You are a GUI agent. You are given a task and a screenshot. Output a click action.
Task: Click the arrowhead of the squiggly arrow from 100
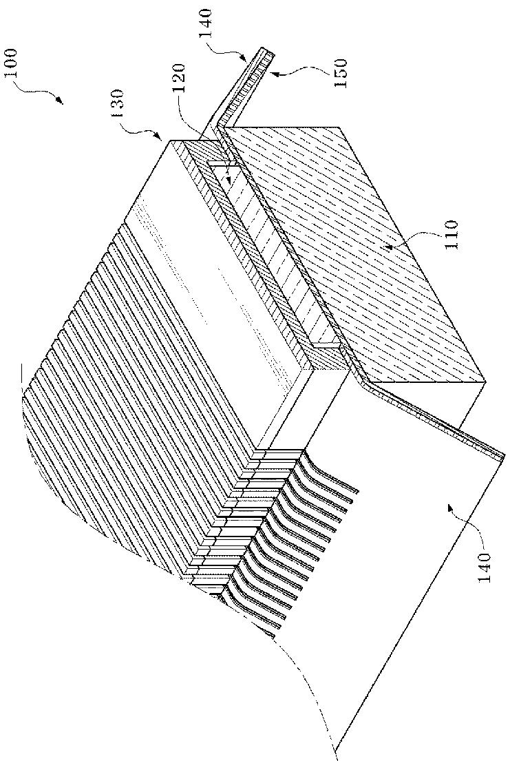point(61,103)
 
